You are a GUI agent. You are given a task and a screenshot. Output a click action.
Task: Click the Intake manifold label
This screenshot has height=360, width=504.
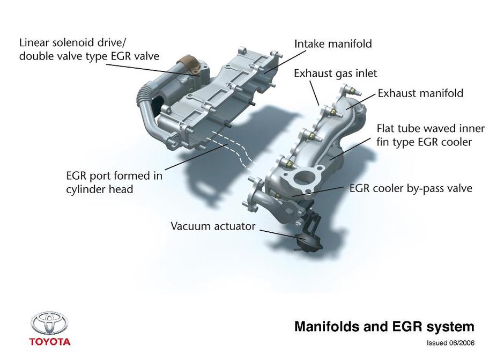coord(333,44)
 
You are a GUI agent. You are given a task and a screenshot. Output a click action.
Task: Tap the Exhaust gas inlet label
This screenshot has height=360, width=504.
coord(335,74)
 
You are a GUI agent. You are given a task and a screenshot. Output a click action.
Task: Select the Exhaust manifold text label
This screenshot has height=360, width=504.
coord(420,93)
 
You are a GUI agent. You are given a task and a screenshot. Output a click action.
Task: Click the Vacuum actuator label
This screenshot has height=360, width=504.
coord(213,226)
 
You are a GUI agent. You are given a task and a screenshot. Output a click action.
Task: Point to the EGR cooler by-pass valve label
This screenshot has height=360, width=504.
coord(411,188)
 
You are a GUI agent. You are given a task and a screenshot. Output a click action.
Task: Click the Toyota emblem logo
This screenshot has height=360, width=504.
coord(49,324)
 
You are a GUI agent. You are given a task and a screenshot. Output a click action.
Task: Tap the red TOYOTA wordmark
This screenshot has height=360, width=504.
coord(49,342)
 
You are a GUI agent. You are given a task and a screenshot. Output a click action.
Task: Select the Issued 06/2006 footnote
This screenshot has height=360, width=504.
coord(450,343)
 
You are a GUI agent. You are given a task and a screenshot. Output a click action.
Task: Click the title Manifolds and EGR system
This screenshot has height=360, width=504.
coord(384,327)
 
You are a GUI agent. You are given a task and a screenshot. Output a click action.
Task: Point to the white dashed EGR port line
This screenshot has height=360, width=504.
coord(232,149)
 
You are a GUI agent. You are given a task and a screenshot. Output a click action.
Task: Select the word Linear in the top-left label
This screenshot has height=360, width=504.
coord(34,42)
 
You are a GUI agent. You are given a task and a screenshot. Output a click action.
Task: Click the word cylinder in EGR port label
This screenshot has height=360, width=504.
coord(86,189)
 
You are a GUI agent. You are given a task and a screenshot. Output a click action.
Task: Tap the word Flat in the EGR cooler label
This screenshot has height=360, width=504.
coord(386,128)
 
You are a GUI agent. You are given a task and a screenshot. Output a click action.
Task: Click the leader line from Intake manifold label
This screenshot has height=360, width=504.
coord(285,62)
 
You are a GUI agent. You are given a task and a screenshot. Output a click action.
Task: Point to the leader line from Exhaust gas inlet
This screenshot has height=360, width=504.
coord(314,93)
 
